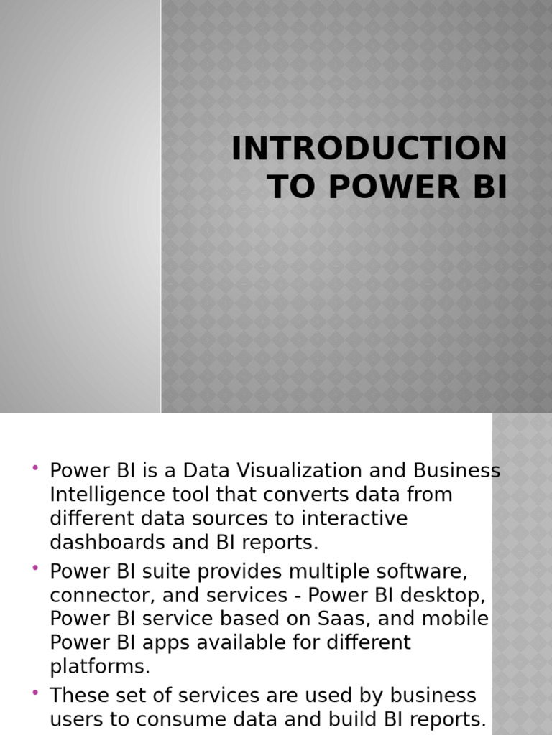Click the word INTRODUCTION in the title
coord(369,149)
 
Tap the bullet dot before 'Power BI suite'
coord(34,568)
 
